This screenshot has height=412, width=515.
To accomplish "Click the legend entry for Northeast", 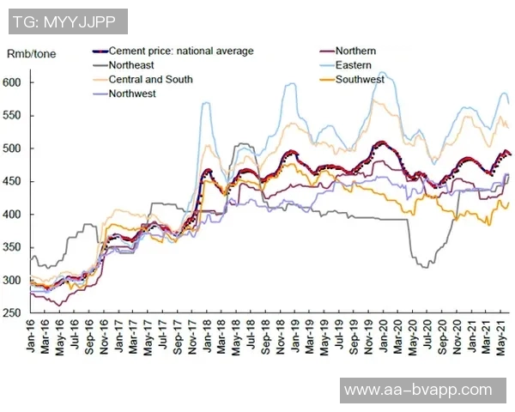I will click(x=131, y=65).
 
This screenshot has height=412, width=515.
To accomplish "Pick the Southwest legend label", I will click(x=360, y=80).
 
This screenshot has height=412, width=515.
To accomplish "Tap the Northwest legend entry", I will click(x=132, y=94).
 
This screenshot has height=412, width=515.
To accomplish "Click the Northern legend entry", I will click(x=355, y=51).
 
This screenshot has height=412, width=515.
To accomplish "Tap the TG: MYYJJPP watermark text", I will click(x=64, y=21).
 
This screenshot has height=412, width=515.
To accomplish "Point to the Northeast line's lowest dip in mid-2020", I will click(x=425, y=267).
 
